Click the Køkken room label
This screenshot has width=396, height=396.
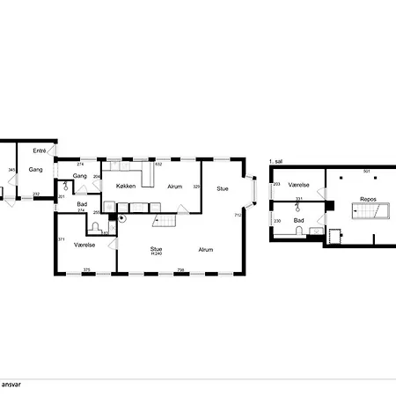(x=125, y=186)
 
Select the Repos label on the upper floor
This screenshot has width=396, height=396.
(x=368, y=200)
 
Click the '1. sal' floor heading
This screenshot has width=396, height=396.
(x=275, y=162)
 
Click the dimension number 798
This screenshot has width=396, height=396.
(x=181, y=269)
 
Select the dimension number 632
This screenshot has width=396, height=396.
(x=158, y=164)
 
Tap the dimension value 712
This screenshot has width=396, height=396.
(x=238, y=215)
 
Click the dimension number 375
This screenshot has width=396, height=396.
(x=86, y=269)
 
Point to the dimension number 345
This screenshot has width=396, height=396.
(x=11, y=170)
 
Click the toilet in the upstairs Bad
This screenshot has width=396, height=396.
(x=300, y=231)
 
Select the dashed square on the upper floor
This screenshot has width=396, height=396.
(x=334, y=236)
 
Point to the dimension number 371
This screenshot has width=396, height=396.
(x=61, y=239)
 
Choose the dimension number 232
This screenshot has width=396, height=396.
(x=36, y=194)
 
